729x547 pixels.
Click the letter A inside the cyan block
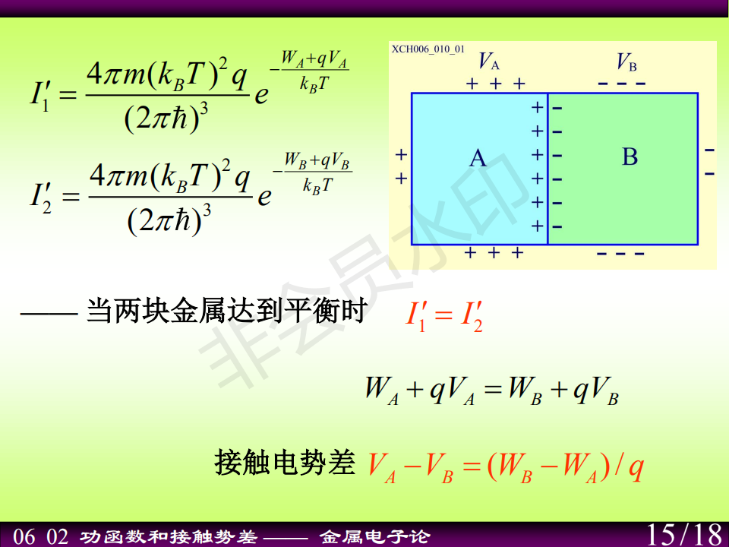[x=478, y=158]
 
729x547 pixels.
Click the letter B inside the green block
[x=630, y=157]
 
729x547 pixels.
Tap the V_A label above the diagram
[x=488, y=61]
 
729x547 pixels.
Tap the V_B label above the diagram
[x=626, y=62]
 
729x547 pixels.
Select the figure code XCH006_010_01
[x=428, y=49]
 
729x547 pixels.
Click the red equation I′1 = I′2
[x=444, y=317]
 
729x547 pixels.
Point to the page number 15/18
[x=685, y=534]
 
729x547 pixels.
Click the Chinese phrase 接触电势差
[x=285, y=463]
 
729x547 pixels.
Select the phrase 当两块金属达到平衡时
[x=227, y=311]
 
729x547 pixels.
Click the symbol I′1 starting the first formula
[x=40, y=96]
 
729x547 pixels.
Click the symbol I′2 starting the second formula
[x=41, y=198]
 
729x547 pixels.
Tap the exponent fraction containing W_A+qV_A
[x=314, y=71]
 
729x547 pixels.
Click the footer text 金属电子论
[x=374, y=537]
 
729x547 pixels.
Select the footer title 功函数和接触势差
[x=169, y=537]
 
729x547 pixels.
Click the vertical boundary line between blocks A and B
[x=548, y=169]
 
